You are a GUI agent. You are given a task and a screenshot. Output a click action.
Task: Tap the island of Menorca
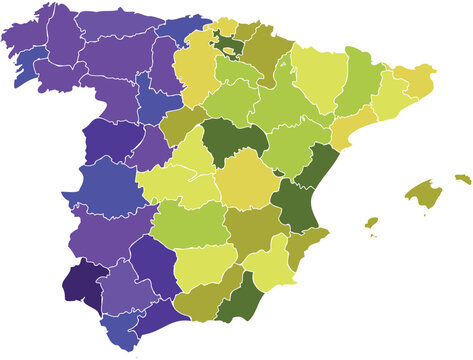point(462,179)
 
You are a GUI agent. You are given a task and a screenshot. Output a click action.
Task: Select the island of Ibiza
point(371,222)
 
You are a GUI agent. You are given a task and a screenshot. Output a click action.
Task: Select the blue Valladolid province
point(157,99)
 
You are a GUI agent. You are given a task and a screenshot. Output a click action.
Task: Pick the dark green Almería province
point(238,302)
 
